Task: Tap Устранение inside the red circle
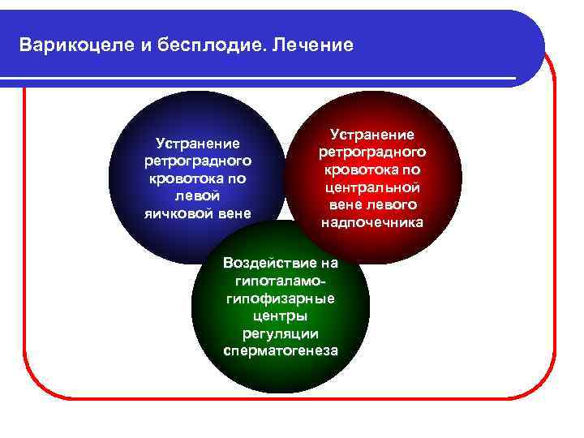pyautogui.click(x=372, y=134)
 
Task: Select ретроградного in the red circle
pyautogui.click(x=372, y=152)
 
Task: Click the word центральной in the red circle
pyautogui.click(x=372, y=187)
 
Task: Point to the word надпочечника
pyautogui.click(x=372, y=222)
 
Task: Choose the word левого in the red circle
pyautogui.click(x=391, y=204)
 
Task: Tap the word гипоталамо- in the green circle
pyautogui.click(x=280, y=281)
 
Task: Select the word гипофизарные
pyautogui.click(x=280, y=298)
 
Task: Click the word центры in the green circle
pyautogui.click(x=280, y=316)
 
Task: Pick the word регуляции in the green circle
pyautogui.click(x=280, y=333)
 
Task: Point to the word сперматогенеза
pyautogui.click(x=280, y=351)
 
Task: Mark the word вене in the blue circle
pyautogui.click(x=235, y=213)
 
